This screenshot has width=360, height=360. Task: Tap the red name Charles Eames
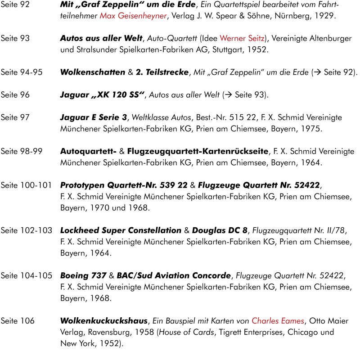point(278,321)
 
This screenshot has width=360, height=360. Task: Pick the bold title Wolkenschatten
point(92,72)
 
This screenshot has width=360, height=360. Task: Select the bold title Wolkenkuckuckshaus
point(103,321)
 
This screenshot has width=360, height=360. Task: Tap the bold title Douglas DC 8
point(220,230)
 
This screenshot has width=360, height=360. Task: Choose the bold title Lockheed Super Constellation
point(120,230)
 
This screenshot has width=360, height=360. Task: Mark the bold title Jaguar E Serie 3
point(94,117)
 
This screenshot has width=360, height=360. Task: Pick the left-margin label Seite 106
point(17,321)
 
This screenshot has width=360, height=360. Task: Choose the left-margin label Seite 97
point(15,117)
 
